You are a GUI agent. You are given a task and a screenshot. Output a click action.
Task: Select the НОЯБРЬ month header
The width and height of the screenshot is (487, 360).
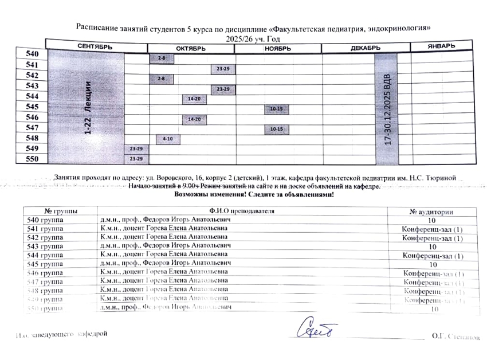pos(277,48)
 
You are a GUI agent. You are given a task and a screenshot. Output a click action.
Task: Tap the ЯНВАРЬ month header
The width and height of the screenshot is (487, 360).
pos(441,46)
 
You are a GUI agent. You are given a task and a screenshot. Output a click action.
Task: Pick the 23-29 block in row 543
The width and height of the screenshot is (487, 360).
pos(222,89)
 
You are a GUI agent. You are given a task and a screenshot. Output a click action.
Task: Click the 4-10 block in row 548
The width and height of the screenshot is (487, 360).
pos(167,139)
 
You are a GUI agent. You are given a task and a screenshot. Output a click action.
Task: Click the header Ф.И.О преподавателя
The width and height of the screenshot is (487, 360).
pos(250,211)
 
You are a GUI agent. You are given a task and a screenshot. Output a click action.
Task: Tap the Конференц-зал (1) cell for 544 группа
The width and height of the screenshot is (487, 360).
pos(433,256)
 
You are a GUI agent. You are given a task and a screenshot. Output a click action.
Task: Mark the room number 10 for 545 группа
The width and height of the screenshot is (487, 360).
pos(434,265)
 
